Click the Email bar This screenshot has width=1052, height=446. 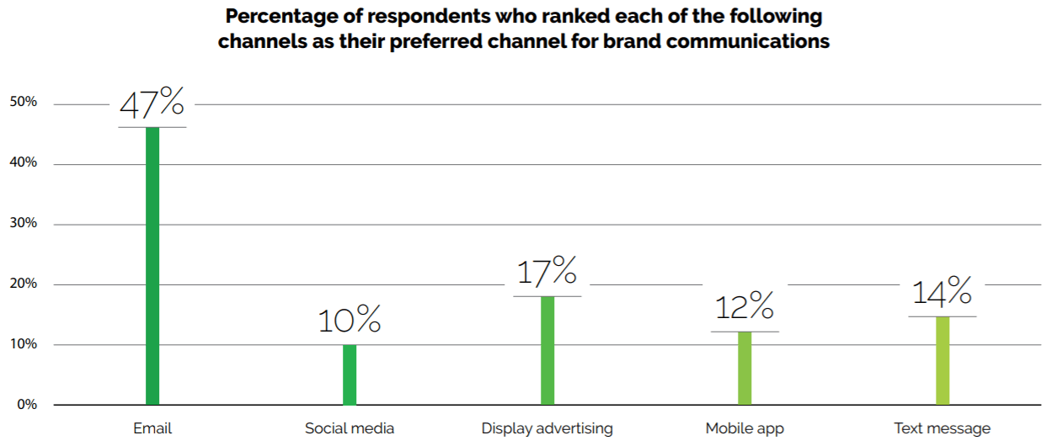[x=152, y=265]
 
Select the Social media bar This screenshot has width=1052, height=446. [x=350, y=374]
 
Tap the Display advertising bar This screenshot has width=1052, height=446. [x=547, y=350]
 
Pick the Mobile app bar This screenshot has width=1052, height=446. [x=745, y=368]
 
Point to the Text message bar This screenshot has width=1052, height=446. [x=943, y=360]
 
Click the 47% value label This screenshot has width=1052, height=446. [x=152, y=104]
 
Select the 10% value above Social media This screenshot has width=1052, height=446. [x=350, y=321]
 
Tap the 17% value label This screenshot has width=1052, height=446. [x=547, y=272]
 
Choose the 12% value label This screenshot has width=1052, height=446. [x=745, y=308]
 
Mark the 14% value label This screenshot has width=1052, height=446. [x=943, y=293]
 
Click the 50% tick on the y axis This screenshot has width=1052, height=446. [x=23, y=102]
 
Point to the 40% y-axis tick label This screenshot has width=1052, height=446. [x=23, y=162]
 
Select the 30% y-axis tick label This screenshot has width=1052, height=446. [x=23, y=223]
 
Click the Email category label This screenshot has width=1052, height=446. [x=152, y=428]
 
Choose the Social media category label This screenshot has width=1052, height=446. [x=350, y=428]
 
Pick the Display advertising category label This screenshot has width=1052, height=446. [x=547, y=428]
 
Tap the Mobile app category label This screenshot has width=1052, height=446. [x=745, y=428]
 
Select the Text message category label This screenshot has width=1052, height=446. [x=943, y=428]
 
